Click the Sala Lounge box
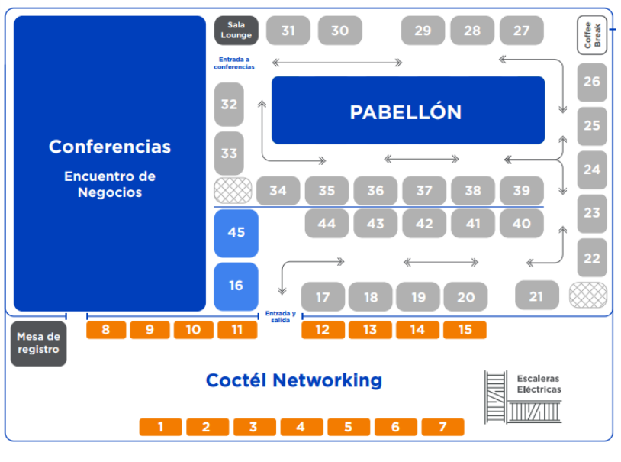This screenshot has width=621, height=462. (x=236, y=31)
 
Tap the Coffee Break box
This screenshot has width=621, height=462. (x=592, y=35)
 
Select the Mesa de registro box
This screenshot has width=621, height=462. (x=38, y=344)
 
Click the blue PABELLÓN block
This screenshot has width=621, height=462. (x=408, y=111)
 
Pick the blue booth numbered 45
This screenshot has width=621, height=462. (x=236, y=232)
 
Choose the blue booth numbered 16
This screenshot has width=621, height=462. (x=236, y=286)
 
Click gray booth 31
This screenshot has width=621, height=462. (x=288, y=31)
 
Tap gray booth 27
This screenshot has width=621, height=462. (x=522, y=31)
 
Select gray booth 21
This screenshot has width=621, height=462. (x=536, y=296)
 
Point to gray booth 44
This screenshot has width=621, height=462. (x=327, y=224)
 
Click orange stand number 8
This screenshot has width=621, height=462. (x=106, y=330)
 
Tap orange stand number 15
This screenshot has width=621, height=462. (x=465, y=330)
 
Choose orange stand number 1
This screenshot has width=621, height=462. (x=160, y=427)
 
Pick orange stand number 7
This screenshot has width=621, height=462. (x=442, y=427)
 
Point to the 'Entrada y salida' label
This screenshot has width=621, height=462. (x=280, y=316)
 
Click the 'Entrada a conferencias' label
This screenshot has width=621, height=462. (x=234, y=63)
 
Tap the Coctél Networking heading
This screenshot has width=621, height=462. (x=294, y=380)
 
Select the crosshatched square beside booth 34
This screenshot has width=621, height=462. (x=233, y=190)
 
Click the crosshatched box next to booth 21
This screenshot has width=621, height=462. (x=588, y=295)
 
